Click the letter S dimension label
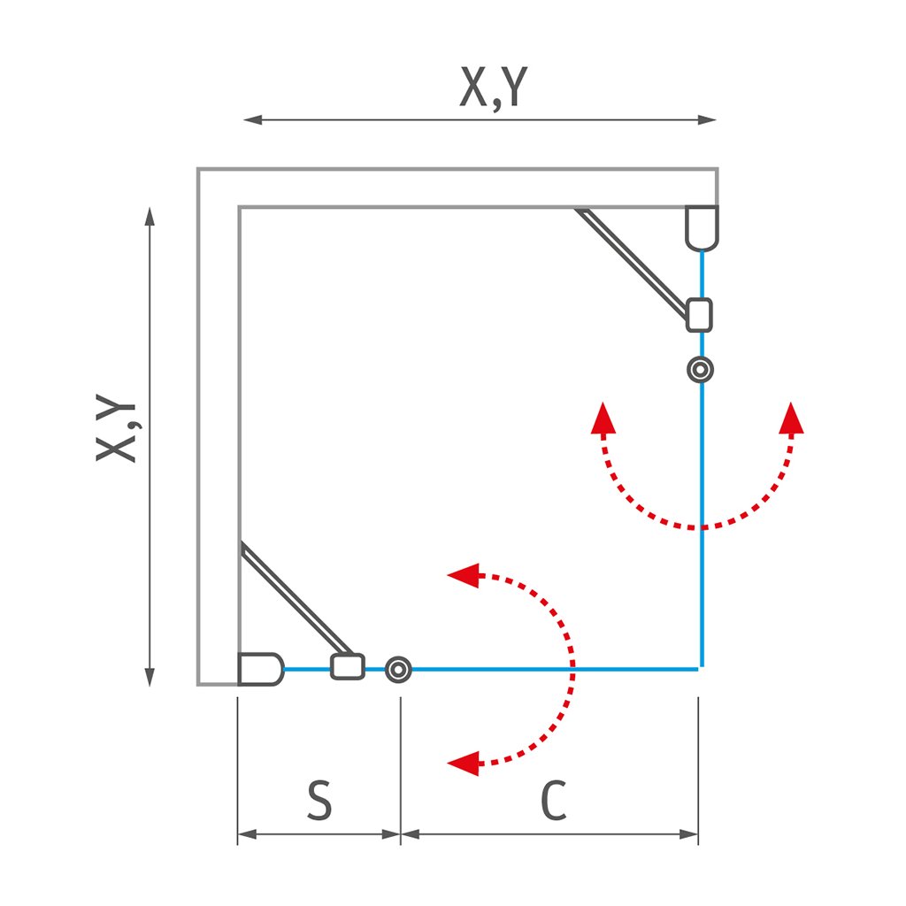click(x=319, y=800)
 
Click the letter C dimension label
click(x=552, y=801)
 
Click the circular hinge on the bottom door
click(x=398, y=670)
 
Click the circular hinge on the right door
click(x=702, y=369)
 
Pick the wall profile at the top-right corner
click(x=703, y=227)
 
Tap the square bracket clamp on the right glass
click(x=699, y=314)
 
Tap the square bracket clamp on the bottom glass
click(x=348, y=666)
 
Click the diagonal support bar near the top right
click(x=632, y=263)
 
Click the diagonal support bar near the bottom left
click(x=293, y=599)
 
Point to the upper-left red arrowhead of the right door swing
click(x=603, y=417)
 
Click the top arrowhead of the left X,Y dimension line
click(x=150, y=217)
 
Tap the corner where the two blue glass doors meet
click(x=701, y=669)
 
